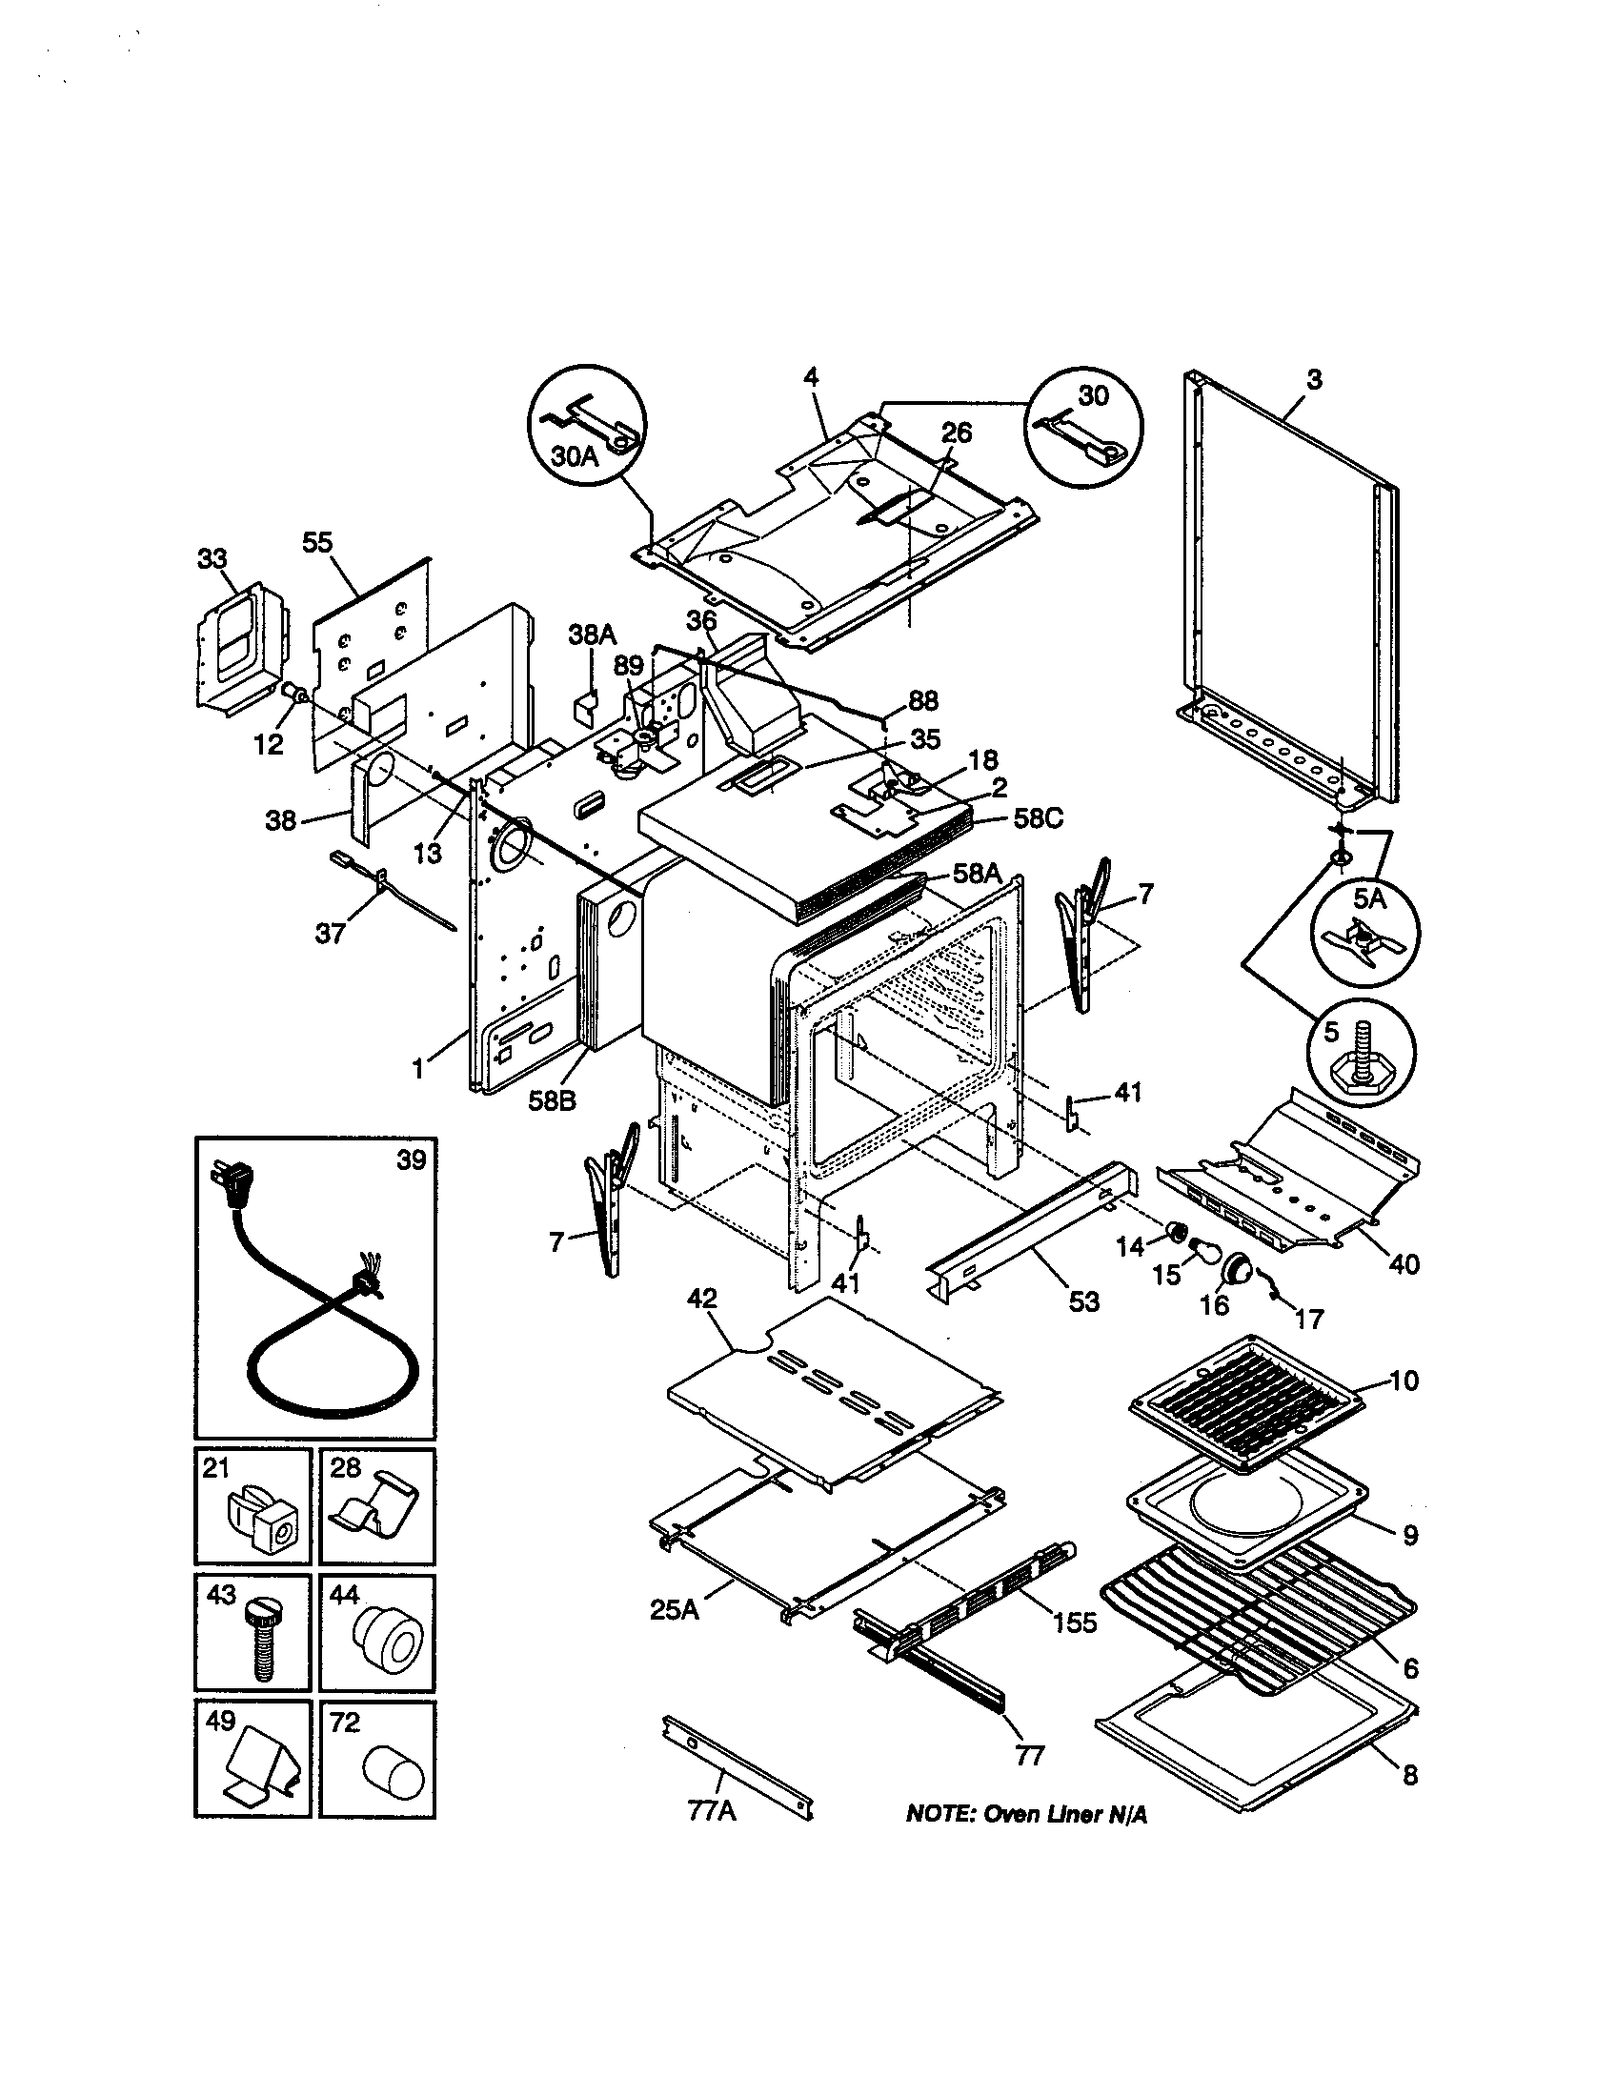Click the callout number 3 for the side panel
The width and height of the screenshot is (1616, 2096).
pyautogui.click(x=1314, y=379)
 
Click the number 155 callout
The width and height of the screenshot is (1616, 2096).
pyautogui.click(x=1074, y=1622)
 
